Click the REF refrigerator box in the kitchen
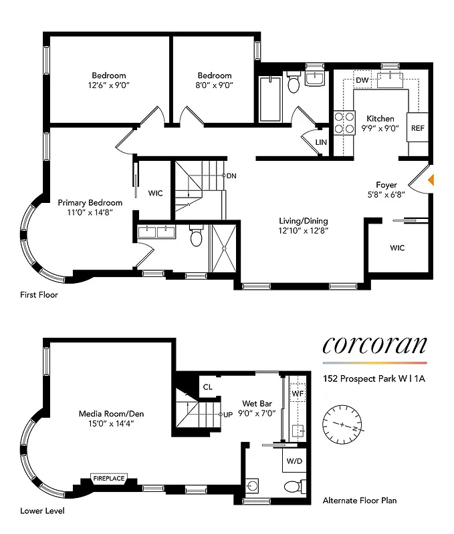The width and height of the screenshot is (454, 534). [417, 128]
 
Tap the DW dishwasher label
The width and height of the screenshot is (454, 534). [362, 80]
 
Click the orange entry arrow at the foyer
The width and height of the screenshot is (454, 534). [431, 179]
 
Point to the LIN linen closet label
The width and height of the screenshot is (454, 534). [322, 142]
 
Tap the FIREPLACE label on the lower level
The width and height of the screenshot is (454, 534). [108, 479]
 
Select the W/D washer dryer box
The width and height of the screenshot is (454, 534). [294, 461]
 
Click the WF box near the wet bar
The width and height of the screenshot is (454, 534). [297, 394]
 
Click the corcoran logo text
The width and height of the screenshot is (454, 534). [374, 344]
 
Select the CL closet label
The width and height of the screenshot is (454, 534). [207, 386]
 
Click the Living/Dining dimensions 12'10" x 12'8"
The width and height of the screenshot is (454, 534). [303, 231]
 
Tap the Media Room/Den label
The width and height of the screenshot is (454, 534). [110, 414]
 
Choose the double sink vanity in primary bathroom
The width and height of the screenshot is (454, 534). [156, 232]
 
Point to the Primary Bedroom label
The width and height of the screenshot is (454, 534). [90, 202]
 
